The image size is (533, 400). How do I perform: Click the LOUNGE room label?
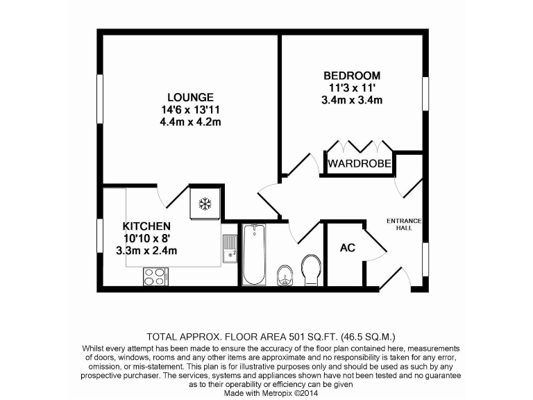click(x=189, y=97)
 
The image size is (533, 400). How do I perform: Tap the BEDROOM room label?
click(x=352, y=75)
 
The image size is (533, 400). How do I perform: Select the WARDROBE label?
click(x=359, y=165)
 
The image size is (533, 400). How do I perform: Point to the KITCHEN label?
click(x=146, y=226)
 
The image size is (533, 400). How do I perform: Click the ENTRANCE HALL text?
click(x=404, y=224)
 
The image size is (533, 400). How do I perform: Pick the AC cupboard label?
click(x=348, y=248)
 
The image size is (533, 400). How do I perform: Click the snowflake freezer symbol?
click(x=205, y=203)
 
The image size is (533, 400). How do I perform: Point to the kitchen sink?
click(x=229, y=249)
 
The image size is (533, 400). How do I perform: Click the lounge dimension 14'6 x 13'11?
click(x=190, y=109)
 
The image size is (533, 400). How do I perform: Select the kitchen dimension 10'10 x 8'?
click(x=146, y=238)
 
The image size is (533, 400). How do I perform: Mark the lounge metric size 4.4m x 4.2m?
click(x=190, y=122)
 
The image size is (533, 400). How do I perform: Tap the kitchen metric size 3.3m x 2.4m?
click(x=146, y=251)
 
